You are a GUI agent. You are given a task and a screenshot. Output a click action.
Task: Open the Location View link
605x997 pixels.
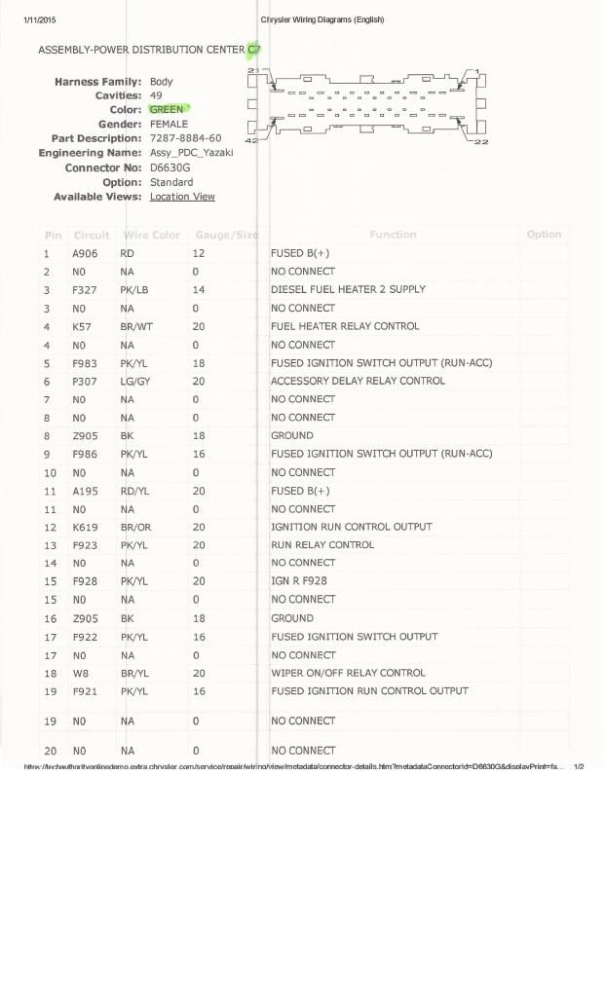tap(182, 197)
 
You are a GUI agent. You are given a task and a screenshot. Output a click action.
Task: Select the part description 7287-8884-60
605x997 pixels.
tap(185, 138)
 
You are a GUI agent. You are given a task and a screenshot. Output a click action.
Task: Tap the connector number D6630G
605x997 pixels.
tap(170, 167)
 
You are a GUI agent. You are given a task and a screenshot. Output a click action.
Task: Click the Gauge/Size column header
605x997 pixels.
tap(227, 235)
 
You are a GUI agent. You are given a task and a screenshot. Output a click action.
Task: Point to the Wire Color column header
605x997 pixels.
tap(151, 235)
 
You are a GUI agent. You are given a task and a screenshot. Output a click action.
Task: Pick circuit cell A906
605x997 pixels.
tap(85, 253)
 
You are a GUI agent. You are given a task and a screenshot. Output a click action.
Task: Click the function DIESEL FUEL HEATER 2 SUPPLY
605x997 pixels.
tap(348, 289)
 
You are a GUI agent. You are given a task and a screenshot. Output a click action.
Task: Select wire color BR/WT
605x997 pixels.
tap(136, 326)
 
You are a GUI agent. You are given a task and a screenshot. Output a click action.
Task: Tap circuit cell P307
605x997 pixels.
tap(85, 381)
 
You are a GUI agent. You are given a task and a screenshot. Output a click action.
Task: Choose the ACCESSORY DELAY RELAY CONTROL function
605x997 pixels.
tap(358, 381)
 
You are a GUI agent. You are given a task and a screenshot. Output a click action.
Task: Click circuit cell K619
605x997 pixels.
tap(85, 527)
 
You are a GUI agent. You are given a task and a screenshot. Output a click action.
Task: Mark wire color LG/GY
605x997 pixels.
tap(134, 381)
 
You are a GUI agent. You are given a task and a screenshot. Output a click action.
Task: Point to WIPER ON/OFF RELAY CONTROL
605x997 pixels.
tap(348, 673)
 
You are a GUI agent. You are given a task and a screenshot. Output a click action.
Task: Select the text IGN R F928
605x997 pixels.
tap(299, 581)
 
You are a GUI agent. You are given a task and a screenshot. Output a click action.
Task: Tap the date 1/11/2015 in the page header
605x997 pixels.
tap(40, 20)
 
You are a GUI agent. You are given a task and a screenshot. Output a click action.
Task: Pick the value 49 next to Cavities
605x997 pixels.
tap(156, 95)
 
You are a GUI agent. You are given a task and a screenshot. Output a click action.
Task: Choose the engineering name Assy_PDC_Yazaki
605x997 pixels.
tap(191, 153)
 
